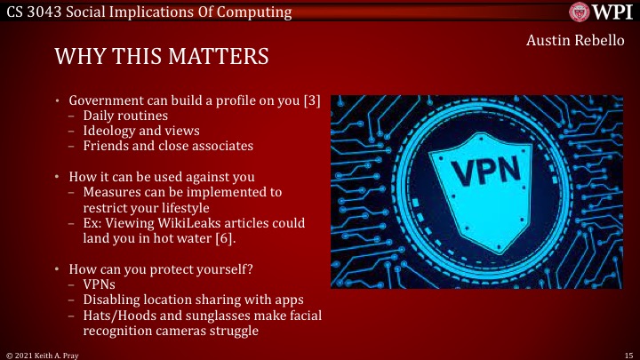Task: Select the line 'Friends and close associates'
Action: tap(168, 146)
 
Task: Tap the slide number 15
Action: tap(628, 354)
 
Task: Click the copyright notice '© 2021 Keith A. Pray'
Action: tap(40, 354)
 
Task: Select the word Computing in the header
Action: tap(259, 12)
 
